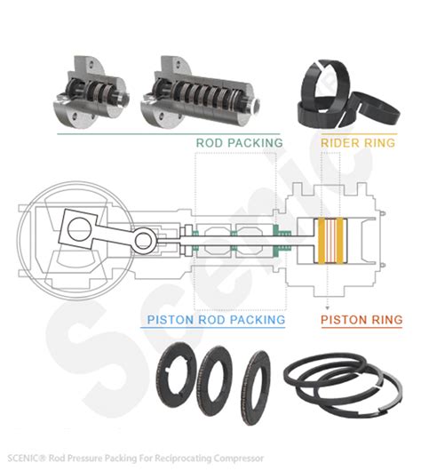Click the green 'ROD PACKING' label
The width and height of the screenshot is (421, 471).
point(239,142)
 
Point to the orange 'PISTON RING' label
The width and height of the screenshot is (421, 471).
point(361,319)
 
